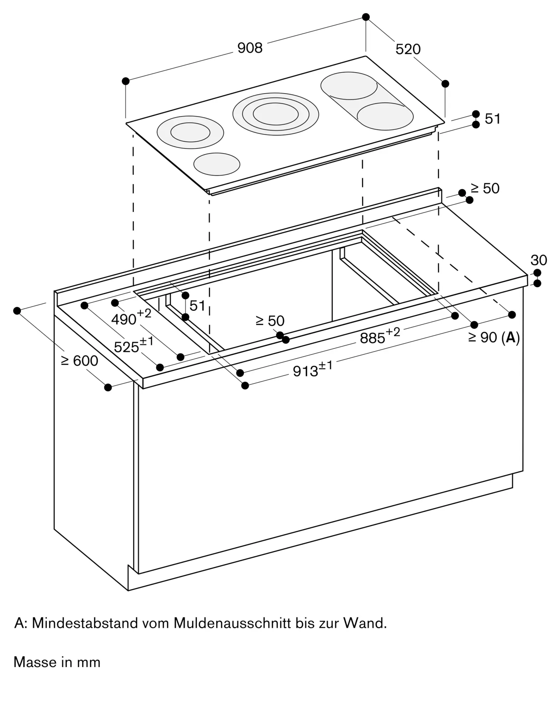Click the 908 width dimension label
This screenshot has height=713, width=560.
[250, 48]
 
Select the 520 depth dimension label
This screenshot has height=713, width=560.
[408, 49]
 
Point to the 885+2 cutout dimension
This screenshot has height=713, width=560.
[380, 336]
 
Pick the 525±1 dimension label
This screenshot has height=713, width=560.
[133, 345]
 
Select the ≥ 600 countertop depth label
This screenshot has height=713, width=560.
[79, 361]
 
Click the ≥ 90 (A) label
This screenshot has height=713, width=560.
[494, 337]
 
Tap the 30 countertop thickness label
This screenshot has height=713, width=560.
[539, 260]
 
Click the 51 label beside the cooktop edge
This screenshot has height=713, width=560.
[493, 119]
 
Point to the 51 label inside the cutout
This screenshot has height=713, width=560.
[197, 306]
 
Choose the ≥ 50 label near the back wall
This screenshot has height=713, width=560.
[485, 189]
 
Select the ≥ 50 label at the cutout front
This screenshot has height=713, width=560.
[270, 321]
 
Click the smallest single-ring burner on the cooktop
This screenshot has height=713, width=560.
[217, 164]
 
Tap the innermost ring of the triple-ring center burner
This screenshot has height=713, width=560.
[276, 114]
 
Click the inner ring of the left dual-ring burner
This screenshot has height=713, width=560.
[190, 132]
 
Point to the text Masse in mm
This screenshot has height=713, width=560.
[57, 662]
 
